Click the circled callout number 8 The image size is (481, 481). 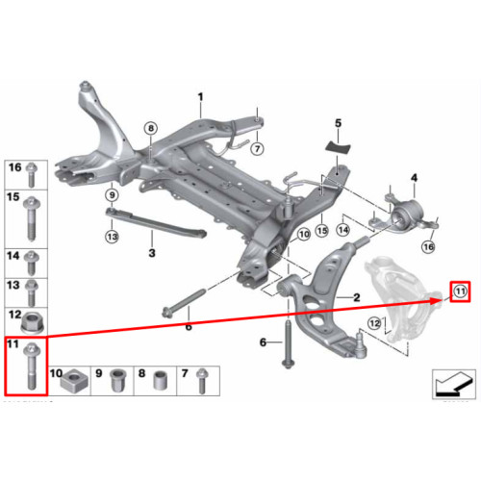point(151,128)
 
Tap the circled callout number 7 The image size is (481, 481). point(257,148)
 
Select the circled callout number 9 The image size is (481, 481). point(112,194)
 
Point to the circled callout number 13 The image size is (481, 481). point(112,237)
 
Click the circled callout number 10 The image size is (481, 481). point(304,235)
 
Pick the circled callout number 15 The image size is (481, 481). point(322,230)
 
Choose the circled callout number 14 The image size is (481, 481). point(343,230)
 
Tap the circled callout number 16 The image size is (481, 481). point(428,246)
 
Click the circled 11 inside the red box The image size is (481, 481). point(460,291)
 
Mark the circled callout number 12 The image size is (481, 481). point(374,323)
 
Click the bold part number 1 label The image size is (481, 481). point(200,96)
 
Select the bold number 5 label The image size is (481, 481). point(339,123)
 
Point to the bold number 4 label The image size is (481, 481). point(414,177)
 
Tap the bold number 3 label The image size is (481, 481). point(152,253)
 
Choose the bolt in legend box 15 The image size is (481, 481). point(32,218)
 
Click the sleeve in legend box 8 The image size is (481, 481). point(159,381)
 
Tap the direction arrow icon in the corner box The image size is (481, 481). point(453,383)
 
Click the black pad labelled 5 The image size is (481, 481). point(338,146)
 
